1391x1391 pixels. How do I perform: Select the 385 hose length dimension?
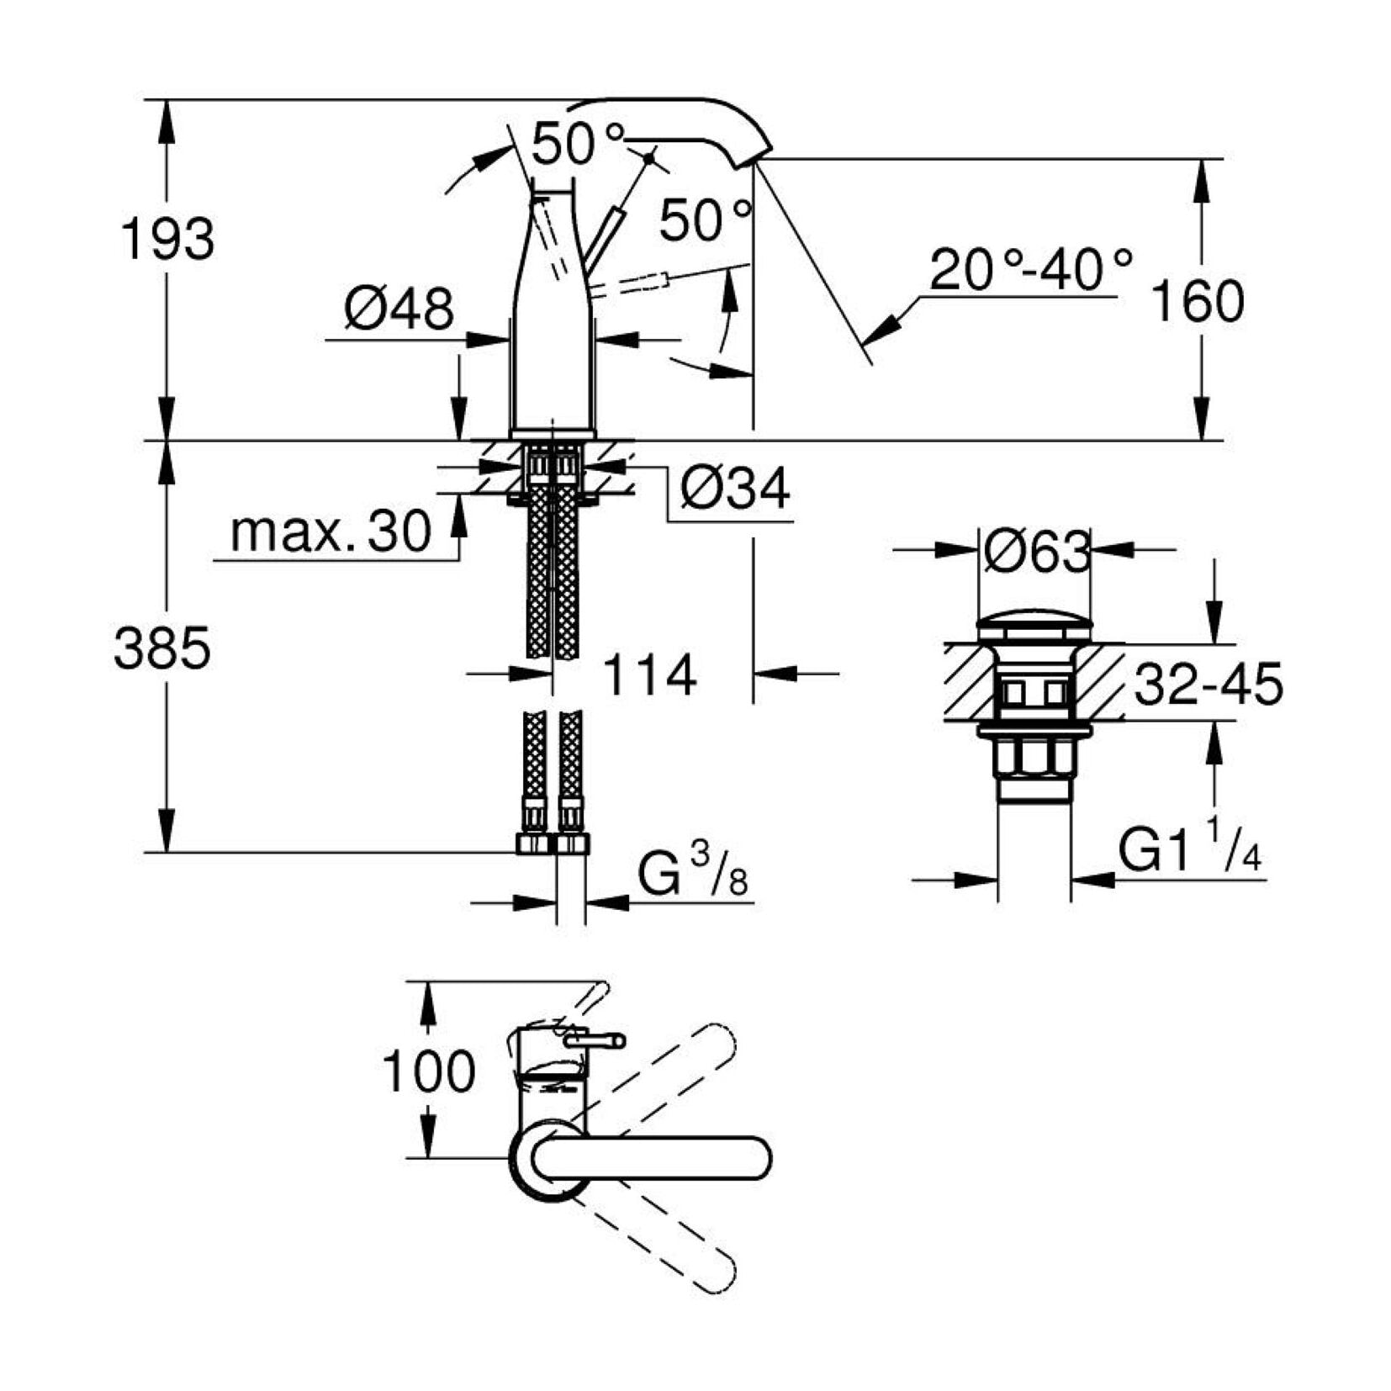(162, 648)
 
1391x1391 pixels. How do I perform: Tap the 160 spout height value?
(1197, 302)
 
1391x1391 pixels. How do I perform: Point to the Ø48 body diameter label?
(399, 308)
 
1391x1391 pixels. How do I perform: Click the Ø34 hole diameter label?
(735, 488)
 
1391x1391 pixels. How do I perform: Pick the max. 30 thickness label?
(331, 532)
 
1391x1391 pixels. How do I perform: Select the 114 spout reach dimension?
(650, 674)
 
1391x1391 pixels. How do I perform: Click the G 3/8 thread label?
(693, 875)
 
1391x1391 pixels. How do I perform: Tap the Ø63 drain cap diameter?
(1036, 552)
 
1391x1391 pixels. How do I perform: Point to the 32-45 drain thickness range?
(1209, 684)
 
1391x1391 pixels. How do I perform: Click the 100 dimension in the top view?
(429, 1071)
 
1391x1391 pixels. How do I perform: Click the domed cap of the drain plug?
(1034, 628)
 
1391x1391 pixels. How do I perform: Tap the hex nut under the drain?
(1034, 759)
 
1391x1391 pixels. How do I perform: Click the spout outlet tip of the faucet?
(753, 160)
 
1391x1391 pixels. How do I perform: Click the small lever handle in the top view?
(594, 1041)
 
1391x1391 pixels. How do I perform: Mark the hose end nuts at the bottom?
(553, 844)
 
